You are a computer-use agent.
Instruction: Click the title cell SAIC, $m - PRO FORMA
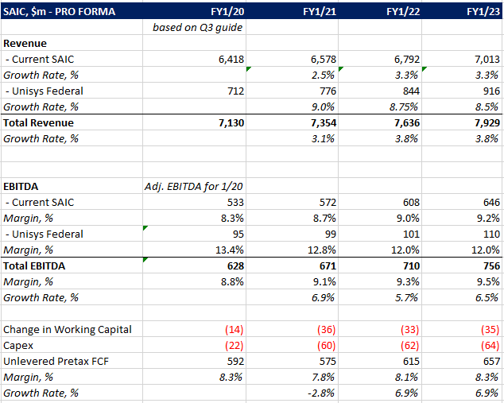(x=60, y=12)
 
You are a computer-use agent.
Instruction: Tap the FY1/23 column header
(x=483, y=12)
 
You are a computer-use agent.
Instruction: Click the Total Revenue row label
(x=39, y=123)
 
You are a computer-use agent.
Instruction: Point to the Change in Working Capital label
(x=68, y=330)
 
